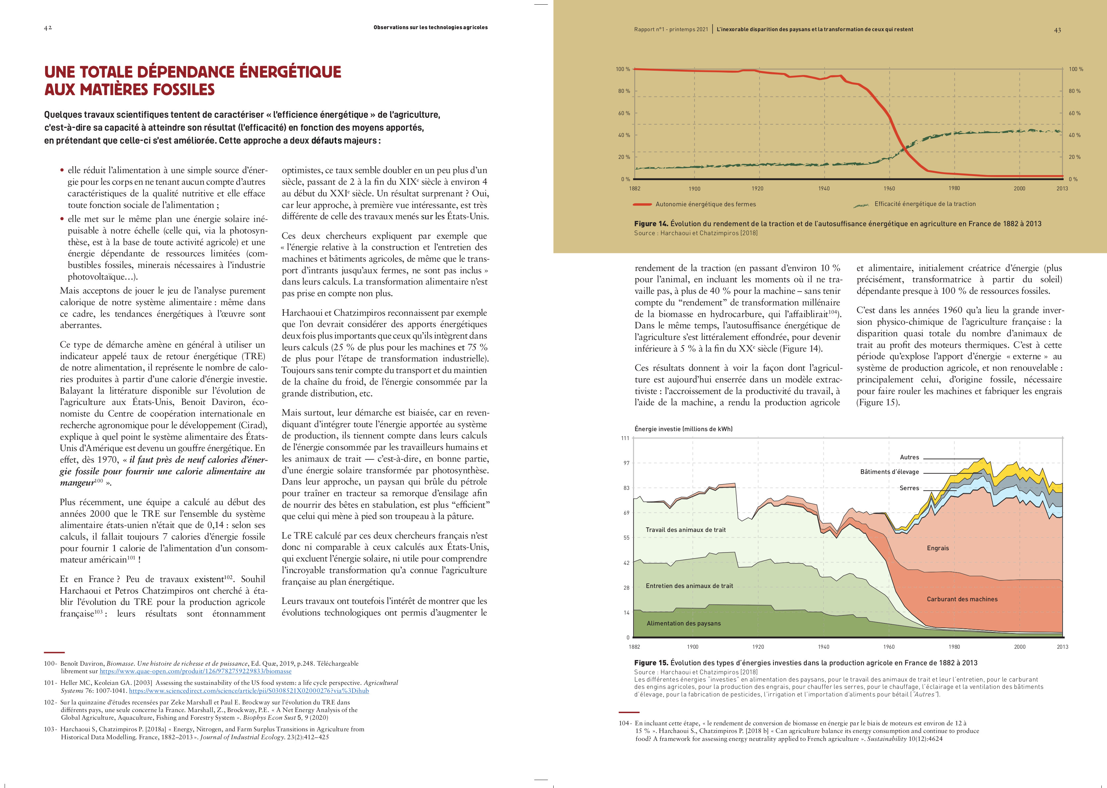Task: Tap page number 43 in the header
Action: pyautogui.click(x=1058, y=30)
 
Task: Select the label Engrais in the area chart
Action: pyautogui.click(x=938, y=548)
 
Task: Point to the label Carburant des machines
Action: pyautogui.click(x=962, y=599)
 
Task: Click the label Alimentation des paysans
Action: pyautogui.click(x=684, y=623)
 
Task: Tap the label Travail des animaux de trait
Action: pyautogui.click(x=685, y=530)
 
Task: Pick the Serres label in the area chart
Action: pyautogui.click(x=909, y=488)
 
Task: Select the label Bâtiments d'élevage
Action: pyautogui.click(x=889, y=472)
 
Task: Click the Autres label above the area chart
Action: pyautogui.click(x=909, y=457)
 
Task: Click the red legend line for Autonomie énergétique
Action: pyautogui.click(x=642, y=204)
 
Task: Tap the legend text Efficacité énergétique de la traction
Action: pyautogui.click(x=925, y=204)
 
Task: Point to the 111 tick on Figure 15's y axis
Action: pyautogui.click(x=625, y=438)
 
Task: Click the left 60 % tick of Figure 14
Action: pyautogui.click(x=624, y=113)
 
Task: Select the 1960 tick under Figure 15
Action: pyautogui.click(x=889, y=647)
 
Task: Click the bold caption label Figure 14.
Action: pyautogui.click(x=650, y=224)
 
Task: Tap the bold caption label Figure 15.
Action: pyautogui.click(x=650, y=663)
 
